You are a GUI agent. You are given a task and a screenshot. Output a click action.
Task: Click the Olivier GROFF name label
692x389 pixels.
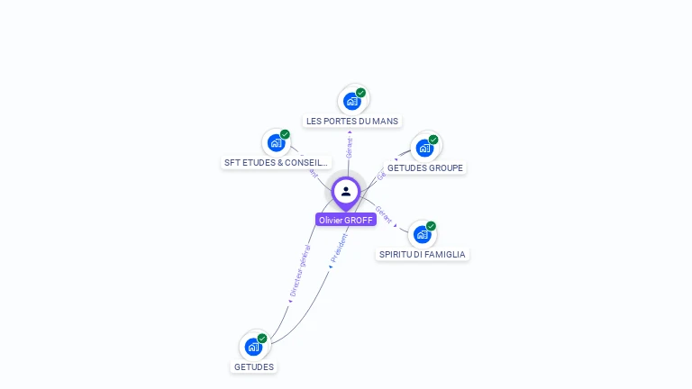tap(346, 220)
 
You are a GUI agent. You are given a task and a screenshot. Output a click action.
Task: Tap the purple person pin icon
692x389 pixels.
tap(346, 192)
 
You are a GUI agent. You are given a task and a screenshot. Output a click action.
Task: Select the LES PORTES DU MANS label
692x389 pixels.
tap(352, 121)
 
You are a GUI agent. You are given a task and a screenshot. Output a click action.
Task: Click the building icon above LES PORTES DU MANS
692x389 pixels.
tap(352, 101)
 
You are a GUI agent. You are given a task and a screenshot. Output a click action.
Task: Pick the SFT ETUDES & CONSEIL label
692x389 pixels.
tap(277, 163)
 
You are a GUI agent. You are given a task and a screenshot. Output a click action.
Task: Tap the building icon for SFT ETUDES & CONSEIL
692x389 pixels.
tap(276, 142)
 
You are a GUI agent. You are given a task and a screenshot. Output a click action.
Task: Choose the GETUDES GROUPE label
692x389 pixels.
tap(425, 167)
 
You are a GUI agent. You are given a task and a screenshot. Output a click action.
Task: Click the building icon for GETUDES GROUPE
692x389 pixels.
tap(424, 148)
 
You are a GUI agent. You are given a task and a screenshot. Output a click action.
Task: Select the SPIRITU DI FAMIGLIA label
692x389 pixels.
tap(423, 255)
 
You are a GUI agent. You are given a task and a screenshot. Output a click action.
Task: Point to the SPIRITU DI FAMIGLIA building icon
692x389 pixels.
tap(422, 234)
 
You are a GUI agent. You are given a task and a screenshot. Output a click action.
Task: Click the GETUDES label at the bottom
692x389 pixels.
tap(254, 366)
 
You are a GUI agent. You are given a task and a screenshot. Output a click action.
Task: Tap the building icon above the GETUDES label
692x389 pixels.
tap(254, 347)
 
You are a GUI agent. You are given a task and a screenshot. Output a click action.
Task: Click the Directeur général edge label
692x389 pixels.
tap(300, 270)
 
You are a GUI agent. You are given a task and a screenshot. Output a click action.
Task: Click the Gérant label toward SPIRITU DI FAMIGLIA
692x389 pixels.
tap(384, 214)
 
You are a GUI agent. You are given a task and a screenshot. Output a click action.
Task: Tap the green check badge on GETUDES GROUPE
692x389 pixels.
tap(433, 140)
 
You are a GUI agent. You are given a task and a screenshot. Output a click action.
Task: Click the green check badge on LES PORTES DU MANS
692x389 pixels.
tap(360, 93)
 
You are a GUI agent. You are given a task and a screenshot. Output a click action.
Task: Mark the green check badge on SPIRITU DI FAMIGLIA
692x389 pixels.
tap(431, 226)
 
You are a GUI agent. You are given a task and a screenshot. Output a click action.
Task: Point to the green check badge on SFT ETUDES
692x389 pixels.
tap(285, 134)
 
